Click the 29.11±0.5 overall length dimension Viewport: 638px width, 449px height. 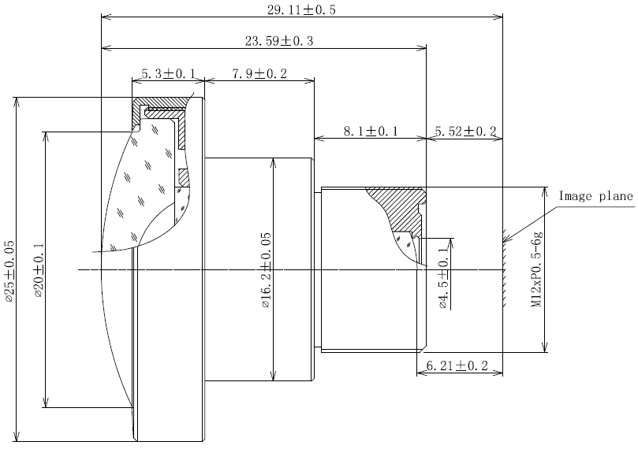tap(301, 9)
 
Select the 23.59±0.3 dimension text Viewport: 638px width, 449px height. tap(279, 41)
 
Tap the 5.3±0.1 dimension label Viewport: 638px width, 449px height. tap(168, 74)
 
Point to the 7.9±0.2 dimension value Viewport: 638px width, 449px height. tap(259, 74)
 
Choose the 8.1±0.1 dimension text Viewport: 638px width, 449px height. tap(371, 132)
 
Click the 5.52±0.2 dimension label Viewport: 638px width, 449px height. tap(465, 132)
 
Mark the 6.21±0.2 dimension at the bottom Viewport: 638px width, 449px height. tap(457, 366)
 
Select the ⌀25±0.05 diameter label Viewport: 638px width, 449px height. tap(9, 272)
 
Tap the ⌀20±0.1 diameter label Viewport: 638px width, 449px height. tap(39, 271)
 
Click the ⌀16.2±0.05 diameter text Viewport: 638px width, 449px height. tap(266, 270)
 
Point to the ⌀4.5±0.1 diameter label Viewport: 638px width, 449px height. tap(443, 277)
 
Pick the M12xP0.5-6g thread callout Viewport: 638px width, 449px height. tap(537, 269)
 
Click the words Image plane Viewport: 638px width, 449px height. tap(596, 196)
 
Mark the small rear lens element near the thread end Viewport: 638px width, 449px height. tap(408, 245)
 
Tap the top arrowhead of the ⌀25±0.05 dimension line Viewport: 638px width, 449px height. tap(17, 102)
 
